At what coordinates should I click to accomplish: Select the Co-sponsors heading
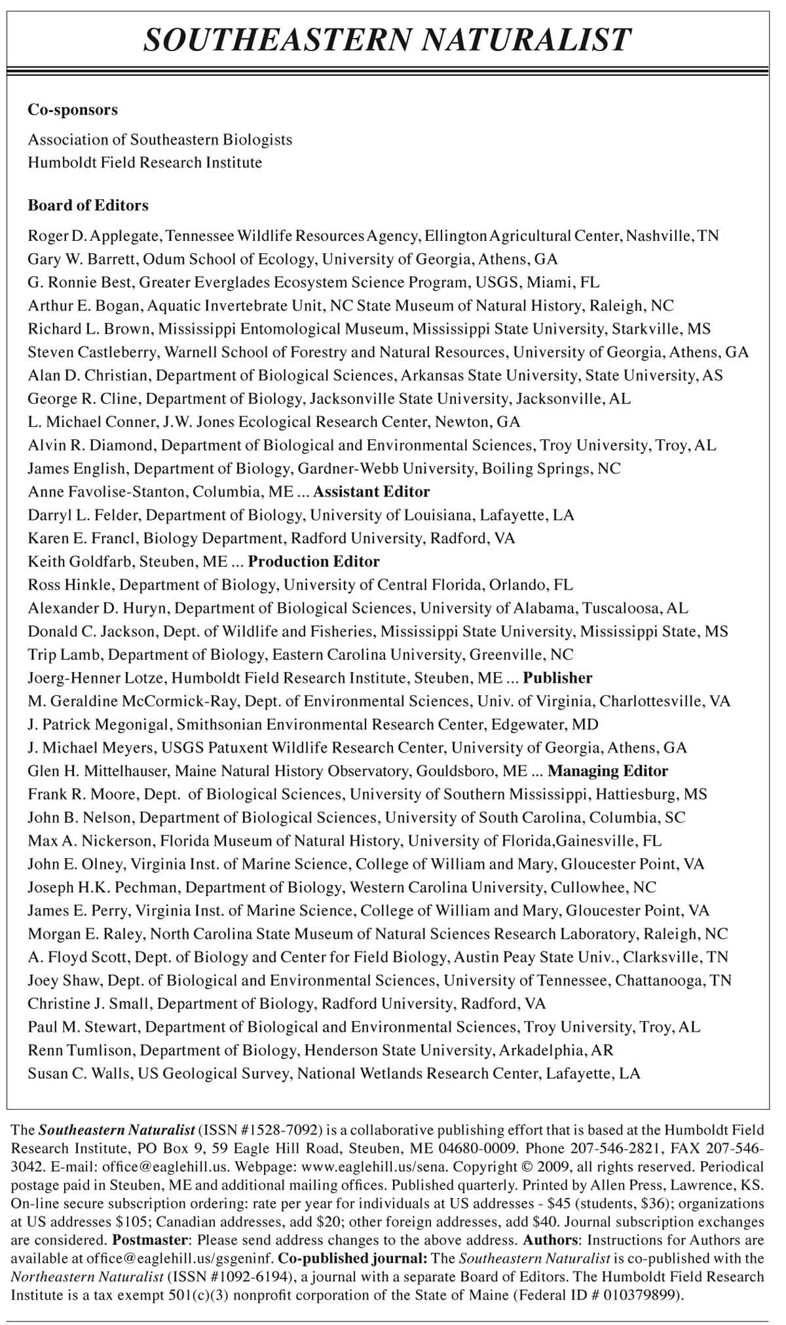click(x=73, y=110)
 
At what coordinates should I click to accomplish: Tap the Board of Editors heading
click(x=88, y=206)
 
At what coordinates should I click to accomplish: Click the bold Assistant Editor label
click(x=371, y=492)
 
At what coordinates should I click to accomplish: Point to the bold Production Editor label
click(x=314, y=562)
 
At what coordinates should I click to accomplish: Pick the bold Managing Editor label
click(x=608, y=771)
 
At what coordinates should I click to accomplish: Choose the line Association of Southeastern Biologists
click(x=160, y=139)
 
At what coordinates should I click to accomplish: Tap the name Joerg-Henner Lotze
click(x=90, y=678)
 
